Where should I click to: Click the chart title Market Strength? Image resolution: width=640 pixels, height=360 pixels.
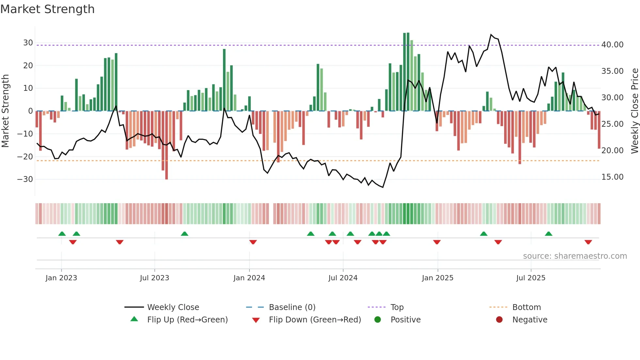[47, 9]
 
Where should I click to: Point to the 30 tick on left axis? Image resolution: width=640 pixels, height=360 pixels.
[28, 43]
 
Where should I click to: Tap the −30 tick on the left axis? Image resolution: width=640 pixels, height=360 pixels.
[25, 179]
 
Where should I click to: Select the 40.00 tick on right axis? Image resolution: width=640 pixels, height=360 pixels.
[612, 45]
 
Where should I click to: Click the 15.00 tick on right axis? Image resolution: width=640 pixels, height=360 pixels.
[612, 177]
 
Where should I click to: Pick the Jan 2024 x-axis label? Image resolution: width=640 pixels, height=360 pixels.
[249, 278]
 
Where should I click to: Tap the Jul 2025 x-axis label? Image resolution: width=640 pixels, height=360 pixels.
[531, 278]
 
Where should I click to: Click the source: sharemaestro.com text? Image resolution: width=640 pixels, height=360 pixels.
[575, 256]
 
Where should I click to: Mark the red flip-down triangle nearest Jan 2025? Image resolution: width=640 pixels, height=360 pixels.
[437, 242]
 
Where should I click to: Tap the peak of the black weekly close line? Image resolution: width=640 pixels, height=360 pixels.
[491, 34]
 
